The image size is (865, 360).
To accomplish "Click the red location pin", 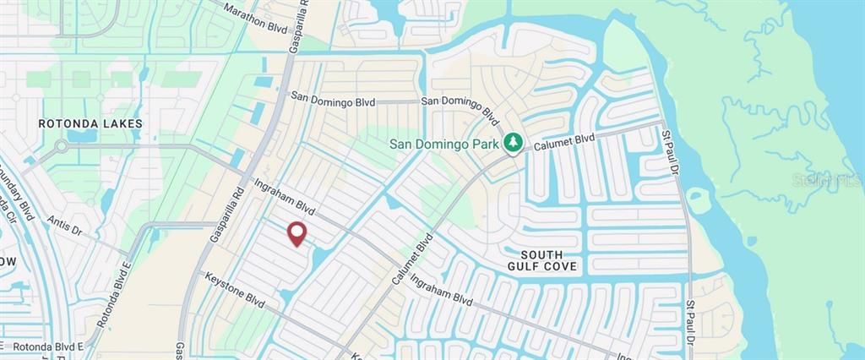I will coord(296,233).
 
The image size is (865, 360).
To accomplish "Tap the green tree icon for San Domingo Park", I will coord(512,144).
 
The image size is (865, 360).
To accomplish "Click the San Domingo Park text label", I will coord(443,144).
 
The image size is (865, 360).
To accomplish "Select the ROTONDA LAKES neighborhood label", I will coord(90,123).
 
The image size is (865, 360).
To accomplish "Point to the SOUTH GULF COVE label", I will coord(548,260).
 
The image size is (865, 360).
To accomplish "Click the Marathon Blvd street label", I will coord(255,16).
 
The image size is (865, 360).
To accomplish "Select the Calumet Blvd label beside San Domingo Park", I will coord(564,141).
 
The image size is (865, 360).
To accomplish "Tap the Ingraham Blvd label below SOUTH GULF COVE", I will coord(440,286).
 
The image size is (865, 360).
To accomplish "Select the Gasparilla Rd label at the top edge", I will coord(299,25).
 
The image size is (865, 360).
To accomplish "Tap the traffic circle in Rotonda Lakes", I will coord(60,145).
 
